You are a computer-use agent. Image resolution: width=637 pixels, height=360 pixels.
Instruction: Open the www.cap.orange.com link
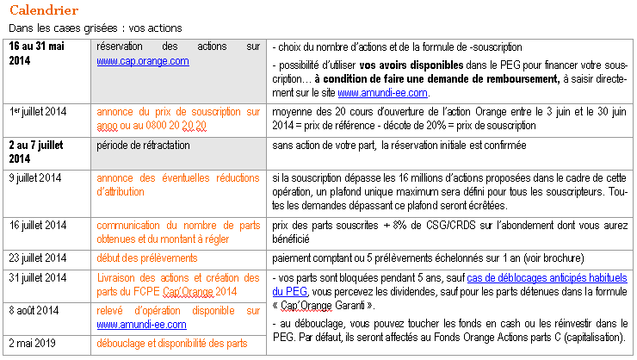[142, 61]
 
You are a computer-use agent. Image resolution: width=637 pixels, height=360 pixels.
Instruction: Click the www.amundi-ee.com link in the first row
[382, 93]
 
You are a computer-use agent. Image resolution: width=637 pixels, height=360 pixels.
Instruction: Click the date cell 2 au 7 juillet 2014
[43, 151]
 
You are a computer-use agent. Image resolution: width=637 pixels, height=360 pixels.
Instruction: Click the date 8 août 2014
[34, 307]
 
